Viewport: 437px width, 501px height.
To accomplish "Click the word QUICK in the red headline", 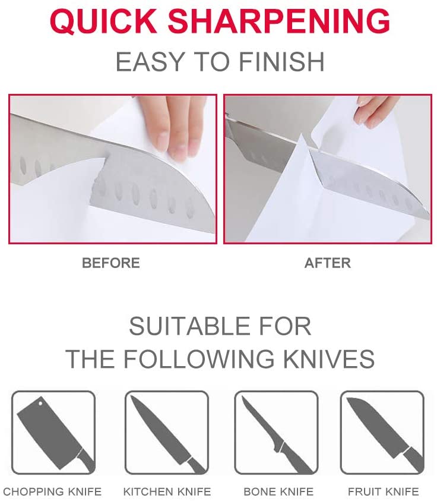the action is [103, 21].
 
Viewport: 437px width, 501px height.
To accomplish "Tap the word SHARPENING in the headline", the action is [278, 21].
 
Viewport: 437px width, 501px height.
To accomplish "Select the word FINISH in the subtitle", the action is [281, 62].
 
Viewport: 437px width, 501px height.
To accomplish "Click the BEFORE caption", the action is [111, 263].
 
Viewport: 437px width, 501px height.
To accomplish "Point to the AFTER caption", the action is [328, 263].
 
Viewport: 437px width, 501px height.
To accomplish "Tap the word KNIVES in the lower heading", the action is [329, 359].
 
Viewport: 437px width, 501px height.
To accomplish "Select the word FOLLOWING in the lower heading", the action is [199, 359].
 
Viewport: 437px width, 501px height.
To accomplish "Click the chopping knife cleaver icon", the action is [53, 433].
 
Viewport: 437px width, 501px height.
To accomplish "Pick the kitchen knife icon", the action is [167, 433].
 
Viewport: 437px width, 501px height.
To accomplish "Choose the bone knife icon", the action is [277, 433].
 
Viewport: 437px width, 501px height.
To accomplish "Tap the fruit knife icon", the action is [382, 433].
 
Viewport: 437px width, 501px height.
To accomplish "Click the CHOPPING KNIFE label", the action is [52, 491].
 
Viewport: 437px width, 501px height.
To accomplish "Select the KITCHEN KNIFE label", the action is [167, 491].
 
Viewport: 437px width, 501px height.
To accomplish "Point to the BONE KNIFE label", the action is [278, 491].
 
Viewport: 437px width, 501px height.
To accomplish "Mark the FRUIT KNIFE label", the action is [383, 491].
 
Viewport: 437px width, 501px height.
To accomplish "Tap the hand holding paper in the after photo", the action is [373, 110].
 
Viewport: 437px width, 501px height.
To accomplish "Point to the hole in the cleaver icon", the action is [40, 403].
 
